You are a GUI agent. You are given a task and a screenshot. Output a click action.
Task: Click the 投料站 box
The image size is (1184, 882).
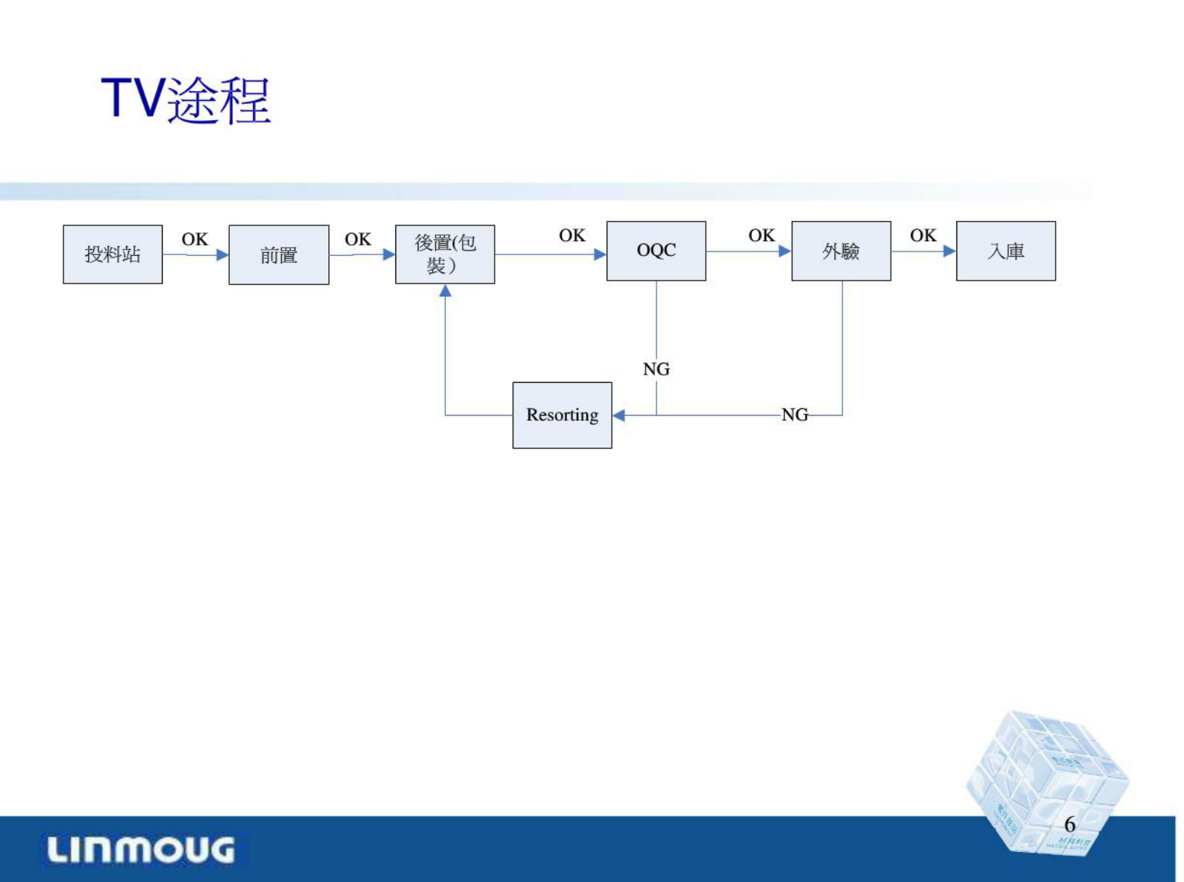pos(113,254)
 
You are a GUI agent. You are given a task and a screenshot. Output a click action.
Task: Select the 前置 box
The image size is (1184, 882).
pos(278,255)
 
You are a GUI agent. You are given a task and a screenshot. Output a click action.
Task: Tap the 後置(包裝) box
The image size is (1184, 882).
pos(445,254)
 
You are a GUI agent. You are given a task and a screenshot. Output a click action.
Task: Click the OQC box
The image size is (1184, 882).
pos(656,251)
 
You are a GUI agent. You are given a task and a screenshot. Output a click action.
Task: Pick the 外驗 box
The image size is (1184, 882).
pos(841,251)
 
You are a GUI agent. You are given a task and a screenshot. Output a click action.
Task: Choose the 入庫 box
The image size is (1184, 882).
pos(1006,251)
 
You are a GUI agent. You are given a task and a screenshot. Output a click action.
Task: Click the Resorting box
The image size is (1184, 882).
pos(562,415)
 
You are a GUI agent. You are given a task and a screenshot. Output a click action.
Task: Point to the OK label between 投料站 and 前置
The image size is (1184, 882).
pos(195,239)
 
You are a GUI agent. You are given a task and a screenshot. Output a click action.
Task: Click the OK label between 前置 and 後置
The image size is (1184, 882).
pos(357,239)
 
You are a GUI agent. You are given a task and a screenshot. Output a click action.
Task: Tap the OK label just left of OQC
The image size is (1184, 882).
pos(572,235)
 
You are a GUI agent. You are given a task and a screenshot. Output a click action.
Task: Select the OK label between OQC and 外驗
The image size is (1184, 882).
pos(761,235)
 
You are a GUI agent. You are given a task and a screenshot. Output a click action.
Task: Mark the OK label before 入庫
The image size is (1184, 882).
pos(923,235)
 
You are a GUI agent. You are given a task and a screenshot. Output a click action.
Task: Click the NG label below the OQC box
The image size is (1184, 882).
pos(657,369)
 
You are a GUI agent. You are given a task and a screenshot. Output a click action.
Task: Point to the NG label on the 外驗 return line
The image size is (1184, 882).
pos(795,415)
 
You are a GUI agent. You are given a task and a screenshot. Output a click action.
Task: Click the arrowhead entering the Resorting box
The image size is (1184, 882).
pos(618,415)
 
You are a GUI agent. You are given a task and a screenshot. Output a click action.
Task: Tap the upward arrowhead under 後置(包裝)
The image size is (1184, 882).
pos(445,291)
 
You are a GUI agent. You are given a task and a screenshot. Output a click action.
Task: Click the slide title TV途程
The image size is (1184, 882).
pos(186,99)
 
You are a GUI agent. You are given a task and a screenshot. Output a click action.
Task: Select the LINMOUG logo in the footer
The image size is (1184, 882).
pos(141,850)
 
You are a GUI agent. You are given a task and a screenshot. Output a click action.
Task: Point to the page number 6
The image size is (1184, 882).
pos(1069,824)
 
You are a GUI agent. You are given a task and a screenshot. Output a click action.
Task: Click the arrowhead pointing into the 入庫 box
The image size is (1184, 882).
pos(949,251)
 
